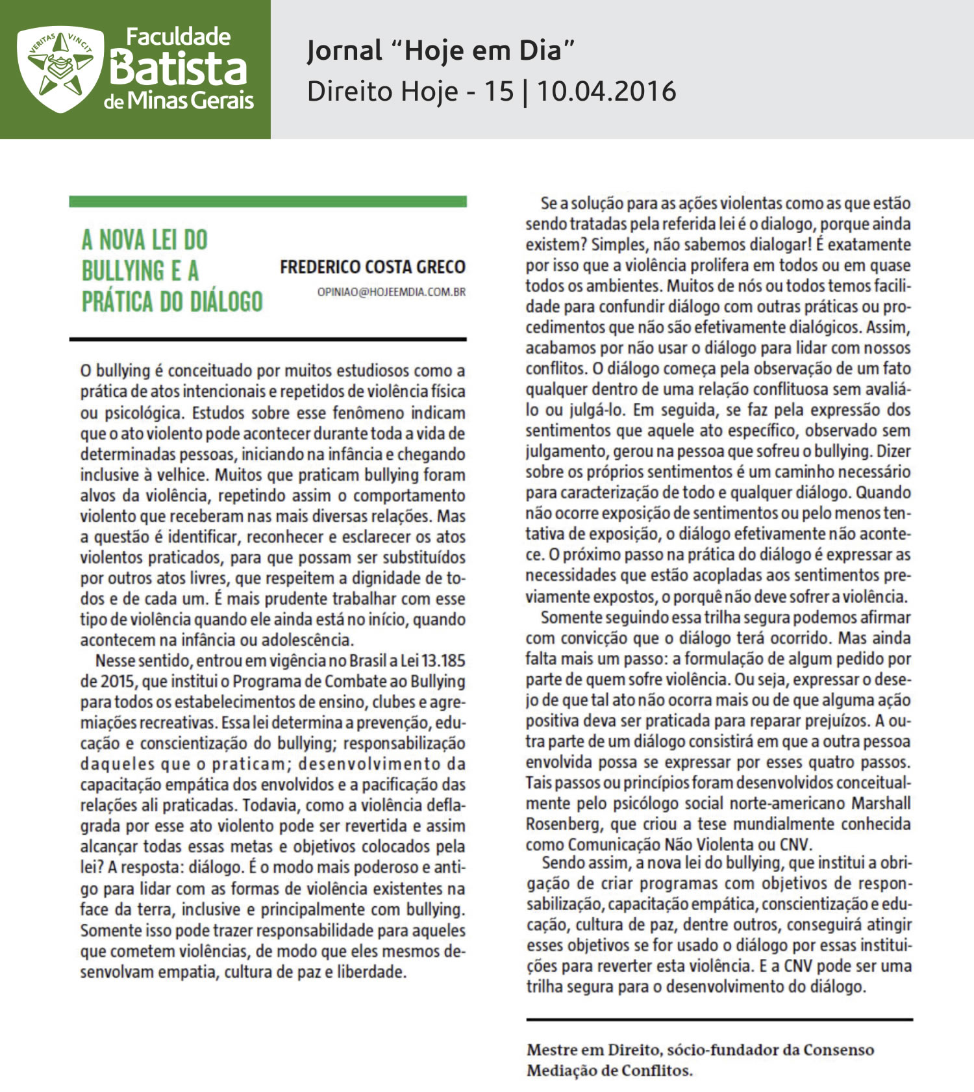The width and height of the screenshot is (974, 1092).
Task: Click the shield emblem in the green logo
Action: click(60, 69)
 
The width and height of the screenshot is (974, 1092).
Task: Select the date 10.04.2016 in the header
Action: click(606, 91)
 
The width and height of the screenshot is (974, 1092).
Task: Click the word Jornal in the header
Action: click(345, 50)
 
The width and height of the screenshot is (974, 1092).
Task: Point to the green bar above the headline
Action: click(268, 202)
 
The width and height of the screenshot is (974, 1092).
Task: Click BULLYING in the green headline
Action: click(123, 271)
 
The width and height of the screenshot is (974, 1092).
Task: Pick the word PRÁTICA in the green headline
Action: click(118, 301)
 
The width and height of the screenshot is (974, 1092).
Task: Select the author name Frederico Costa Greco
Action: click(373, 267)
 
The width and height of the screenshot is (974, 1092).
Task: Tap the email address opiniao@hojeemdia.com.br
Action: click(392, 292)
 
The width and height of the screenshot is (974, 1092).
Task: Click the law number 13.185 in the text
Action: click(443, 661)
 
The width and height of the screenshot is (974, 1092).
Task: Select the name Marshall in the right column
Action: click(881, 804)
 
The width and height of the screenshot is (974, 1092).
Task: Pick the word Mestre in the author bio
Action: click(552, 1050)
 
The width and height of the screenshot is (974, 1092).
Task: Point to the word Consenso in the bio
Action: click(838, 1050)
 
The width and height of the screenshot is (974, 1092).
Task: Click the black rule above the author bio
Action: click(719, 1020)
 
